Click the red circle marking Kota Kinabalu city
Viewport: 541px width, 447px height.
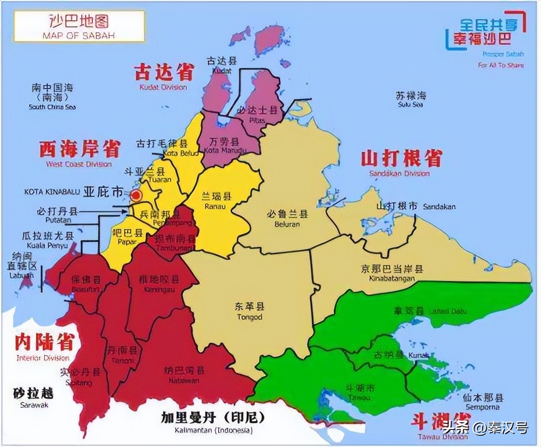pyautogui.click(x=136, y=196)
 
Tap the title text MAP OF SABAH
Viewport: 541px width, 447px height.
pyautogui.click(x=79, y=35)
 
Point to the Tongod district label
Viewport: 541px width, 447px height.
pyautogui.click(x=249, y=311)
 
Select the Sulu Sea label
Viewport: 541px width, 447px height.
pyautogui.click(x=410, y=99)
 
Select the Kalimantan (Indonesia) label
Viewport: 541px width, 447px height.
pyautogui.click(x=213, y=423)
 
